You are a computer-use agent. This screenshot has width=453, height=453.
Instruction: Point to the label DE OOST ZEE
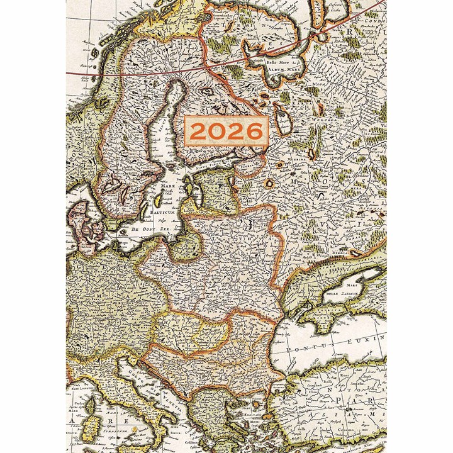tap(151, 230)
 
